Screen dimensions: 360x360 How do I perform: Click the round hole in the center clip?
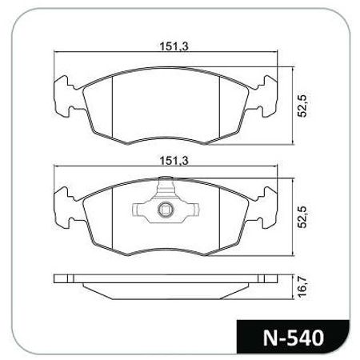coord(164,212)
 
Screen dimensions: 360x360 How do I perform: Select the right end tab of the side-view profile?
coord(262,280)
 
